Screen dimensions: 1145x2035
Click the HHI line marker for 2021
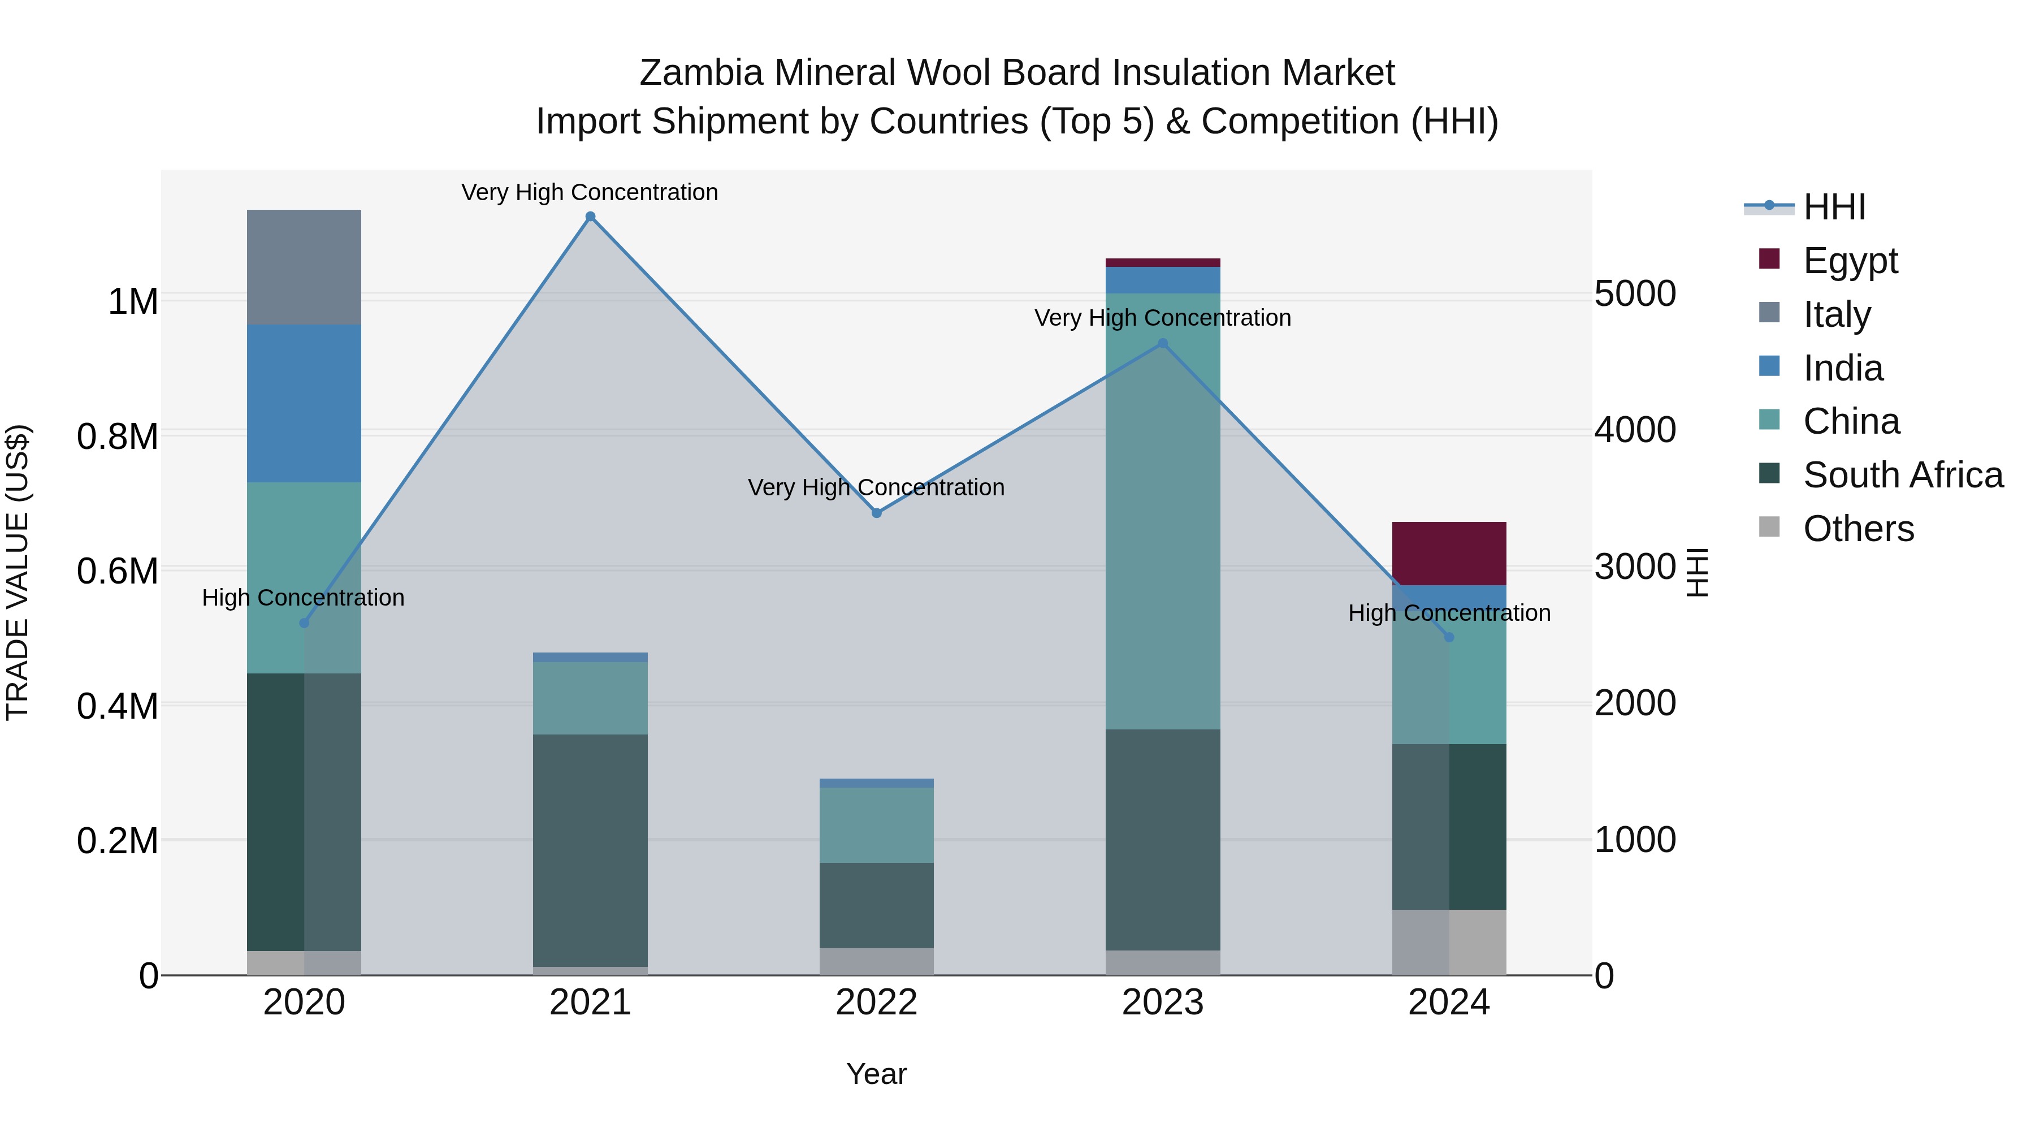point(590,217)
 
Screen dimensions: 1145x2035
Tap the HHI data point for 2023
point(1162,344)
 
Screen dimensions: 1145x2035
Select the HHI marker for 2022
point(876,513)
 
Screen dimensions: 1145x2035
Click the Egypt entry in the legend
point(1850,261)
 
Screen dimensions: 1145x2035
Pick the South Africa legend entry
point(1902,475)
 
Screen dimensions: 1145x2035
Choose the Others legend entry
point(1858,529)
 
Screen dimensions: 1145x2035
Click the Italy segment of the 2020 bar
point(304,267)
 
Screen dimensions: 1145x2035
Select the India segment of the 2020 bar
point(304,403)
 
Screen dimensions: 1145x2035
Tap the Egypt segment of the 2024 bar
point(1448,553)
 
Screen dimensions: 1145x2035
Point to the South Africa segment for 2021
point(590,849)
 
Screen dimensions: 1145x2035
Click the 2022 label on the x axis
point(876,1003)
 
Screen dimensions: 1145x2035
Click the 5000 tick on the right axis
point(1634,294)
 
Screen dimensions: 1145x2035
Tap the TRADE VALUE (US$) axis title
point(18,572)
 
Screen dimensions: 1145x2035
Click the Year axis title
point(876,1074)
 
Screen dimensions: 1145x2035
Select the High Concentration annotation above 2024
point(1449,613)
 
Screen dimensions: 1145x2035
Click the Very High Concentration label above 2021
point(590,192)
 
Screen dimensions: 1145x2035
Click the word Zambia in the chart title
point(701,73)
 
